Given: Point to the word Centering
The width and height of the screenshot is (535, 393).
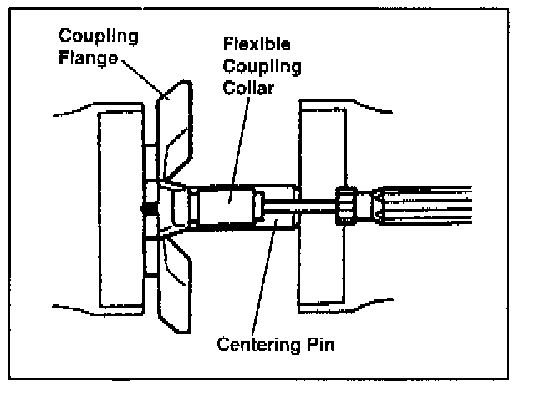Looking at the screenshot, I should click(252, 344).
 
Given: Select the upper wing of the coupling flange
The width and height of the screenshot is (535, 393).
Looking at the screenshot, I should click(174, 125).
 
